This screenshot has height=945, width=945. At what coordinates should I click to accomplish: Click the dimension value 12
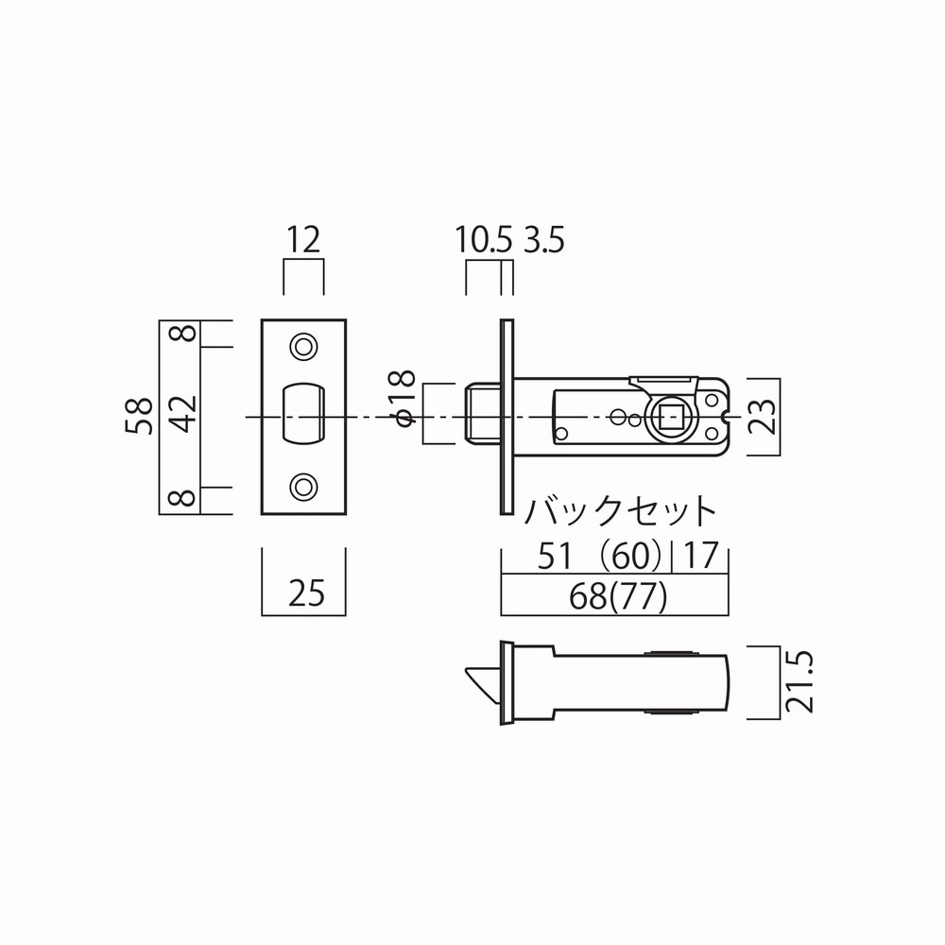[x=303, y=240]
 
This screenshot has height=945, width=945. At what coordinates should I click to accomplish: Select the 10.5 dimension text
[x=483, y=240]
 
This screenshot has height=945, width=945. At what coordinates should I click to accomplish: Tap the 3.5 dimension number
[x=544, y=240]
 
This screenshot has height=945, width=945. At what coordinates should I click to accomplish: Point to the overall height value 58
[x=139, y=416]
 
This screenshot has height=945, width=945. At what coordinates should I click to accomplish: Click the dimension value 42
[x=184, y=414]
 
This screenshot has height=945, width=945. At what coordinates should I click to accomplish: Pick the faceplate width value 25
[x=306, y=593]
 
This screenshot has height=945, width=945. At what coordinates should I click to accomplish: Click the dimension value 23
[x=764, y=417]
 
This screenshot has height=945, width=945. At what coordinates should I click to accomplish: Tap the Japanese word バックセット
[x=620, y=511]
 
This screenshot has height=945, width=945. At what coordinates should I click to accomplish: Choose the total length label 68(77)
[x=618, y=596]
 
